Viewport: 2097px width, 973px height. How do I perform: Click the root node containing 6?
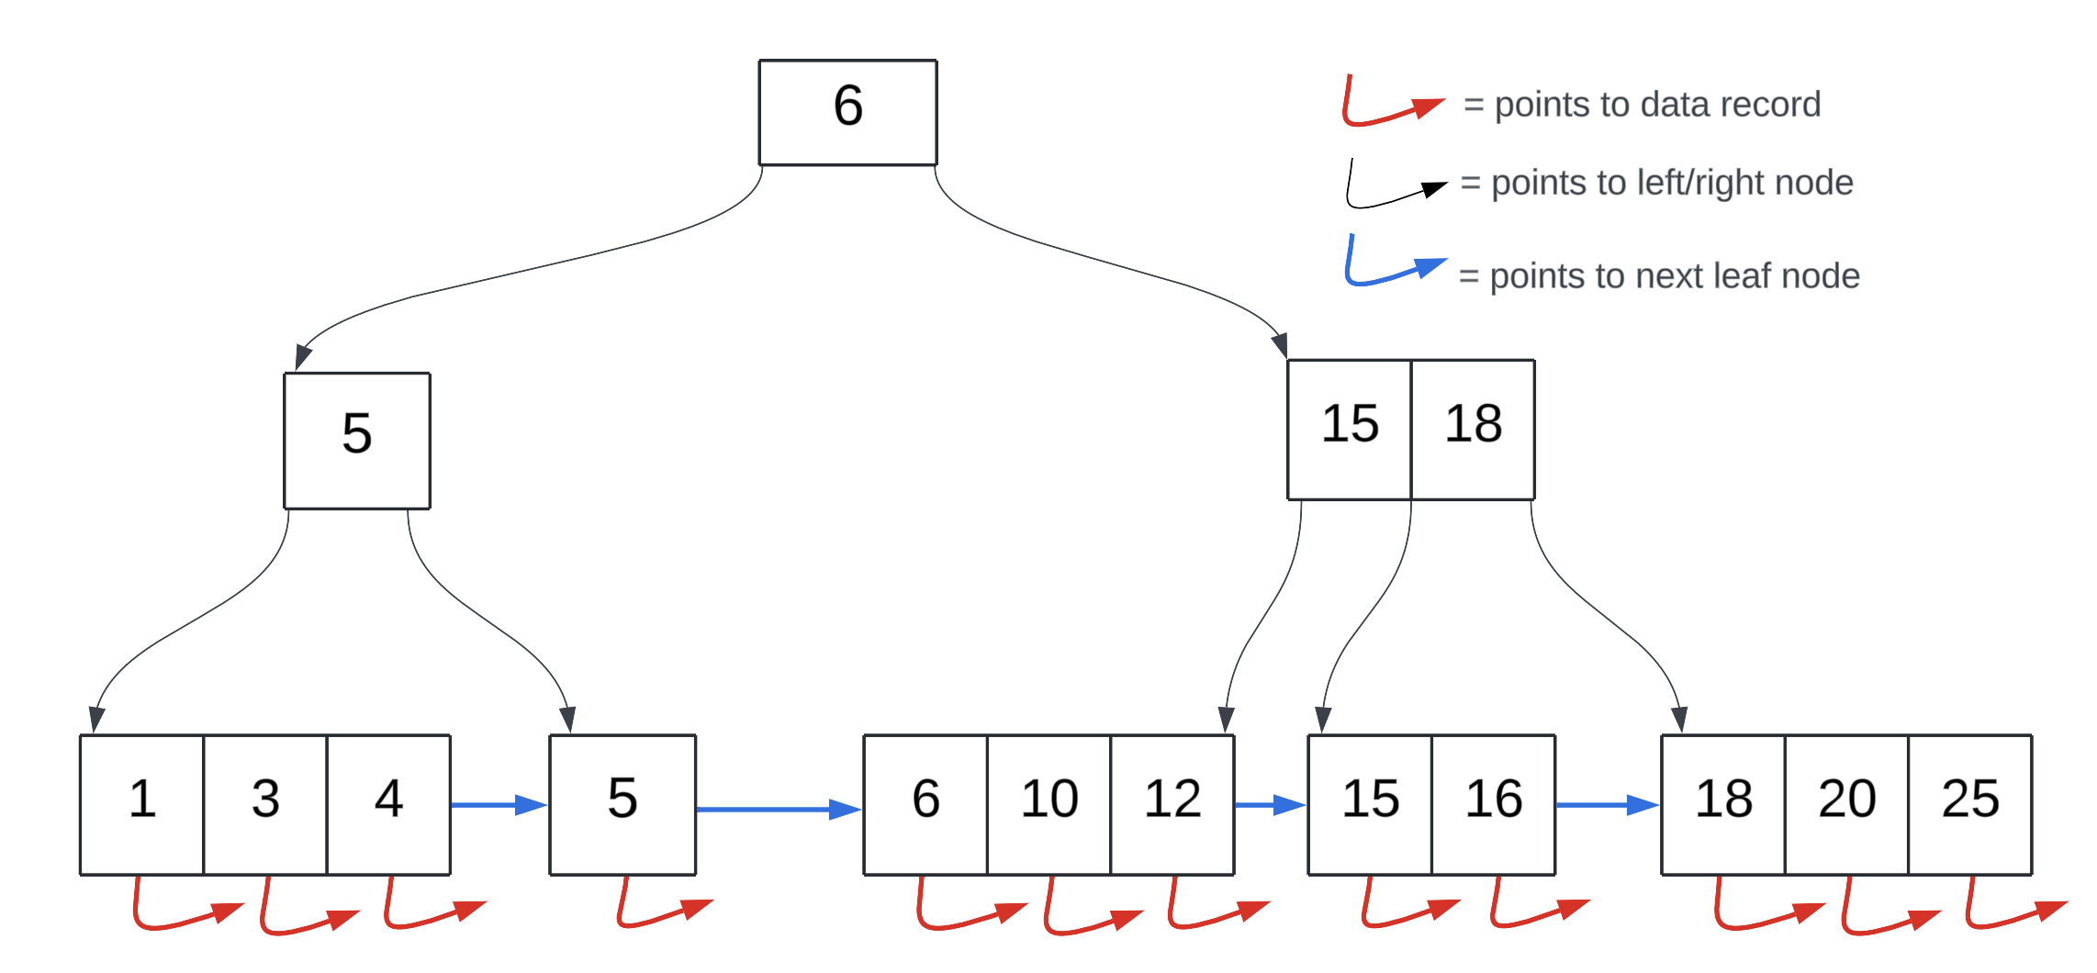(x=847, y=112)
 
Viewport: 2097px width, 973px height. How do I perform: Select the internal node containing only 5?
(x=357, y=440)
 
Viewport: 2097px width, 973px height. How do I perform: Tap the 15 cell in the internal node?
(x=1349, y=429)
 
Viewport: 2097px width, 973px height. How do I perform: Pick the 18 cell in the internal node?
(x=1473, y=429)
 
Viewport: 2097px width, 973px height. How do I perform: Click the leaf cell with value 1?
(x=141, y=804)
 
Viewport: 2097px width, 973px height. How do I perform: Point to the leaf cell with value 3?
(x=265, y=804)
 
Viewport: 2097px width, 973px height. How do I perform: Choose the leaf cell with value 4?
(x=388, y=804)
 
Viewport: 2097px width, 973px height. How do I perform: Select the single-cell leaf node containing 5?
(x=622, y=804)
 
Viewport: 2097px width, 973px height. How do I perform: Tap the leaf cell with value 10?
(x=1048, y=804)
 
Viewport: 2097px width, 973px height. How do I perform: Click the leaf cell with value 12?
(x=1172, y=804)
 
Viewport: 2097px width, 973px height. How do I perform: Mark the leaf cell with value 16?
(x=1493, y=804)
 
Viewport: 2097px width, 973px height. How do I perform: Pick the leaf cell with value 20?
(x=1846, y=804)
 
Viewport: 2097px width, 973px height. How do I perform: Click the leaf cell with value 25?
(x=1970, y=804)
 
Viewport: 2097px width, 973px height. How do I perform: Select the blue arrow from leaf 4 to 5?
(x=499, y=805)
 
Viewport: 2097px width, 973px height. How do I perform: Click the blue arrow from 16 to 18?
(x=1607, y=805)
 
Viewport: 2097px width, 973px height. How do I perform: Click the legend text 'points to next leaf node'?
(x=1674, y=275)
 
